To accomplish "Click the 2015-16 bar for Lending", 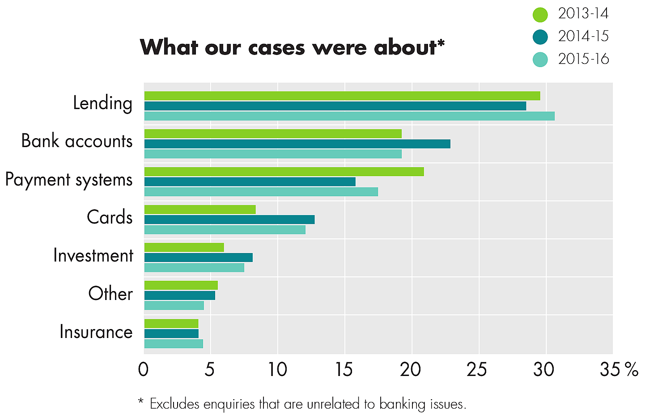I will [x=349, y=116].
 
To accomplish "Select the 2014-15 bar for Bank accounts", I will [x=297, y=144].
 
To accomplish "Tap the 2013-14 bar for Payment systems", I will [x=284, y=172].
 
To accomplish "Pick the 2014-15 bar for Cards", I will [x=229, y=220].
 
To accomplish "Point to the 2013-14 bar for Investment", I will [x=184, y=248].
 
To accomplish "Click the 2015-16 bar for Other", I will [x=174, y=306].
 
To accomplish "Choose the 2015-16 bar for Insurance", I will [x=174, y=344].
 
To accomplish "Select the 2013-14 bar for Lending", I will [x=342, y=96].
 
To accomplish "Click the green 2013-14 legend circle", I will [x=540, y=15].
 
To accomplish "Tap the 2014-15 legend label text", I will [x=583, y=37].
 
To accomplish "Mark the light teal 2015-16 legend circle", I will [x=540, y=59].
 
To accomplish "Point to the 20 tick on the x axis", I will [x=411, y=370].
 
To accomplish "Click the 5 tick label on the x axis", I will [x=210, y=370].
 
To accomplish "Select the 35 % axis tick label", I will [x=619, y=370].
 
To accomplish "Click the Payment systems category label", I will [x=69, y=180].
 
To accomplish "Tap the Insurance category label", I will [x=96, y=332].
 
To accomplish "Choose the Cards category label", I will [x=110, y=218].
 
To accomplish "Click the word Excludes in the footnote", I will [x=175, y=404].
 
